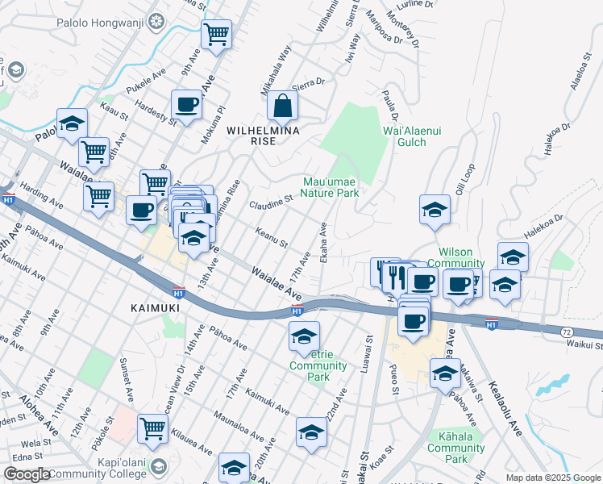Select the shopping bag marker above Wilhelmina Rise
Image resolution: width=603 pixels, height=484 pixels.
[283, 106]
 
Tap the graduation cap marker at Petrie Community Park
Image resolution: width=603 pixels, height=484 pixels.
[304, 336]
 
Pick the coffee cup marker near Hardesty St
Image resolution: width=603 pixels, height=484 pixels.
[187, 105]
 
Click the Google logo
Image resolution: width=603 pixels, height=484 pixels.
[27, 474]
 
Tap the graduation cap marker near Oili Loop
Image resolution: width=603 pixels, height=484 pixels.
[435, 210]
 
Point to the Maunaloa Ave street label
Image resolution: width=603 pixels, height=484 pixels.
[239, 429]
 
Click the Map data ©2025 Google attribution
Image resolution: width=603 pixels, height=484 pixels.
[553, 478]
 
